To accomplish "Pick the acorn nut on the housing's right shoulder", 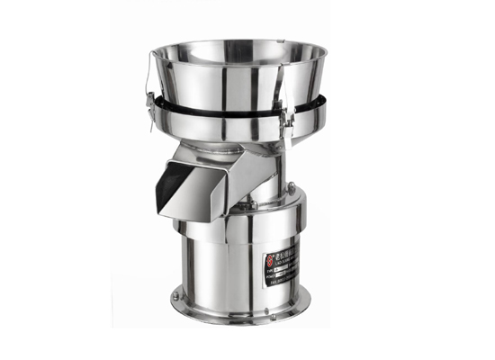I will click(291, 186).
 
